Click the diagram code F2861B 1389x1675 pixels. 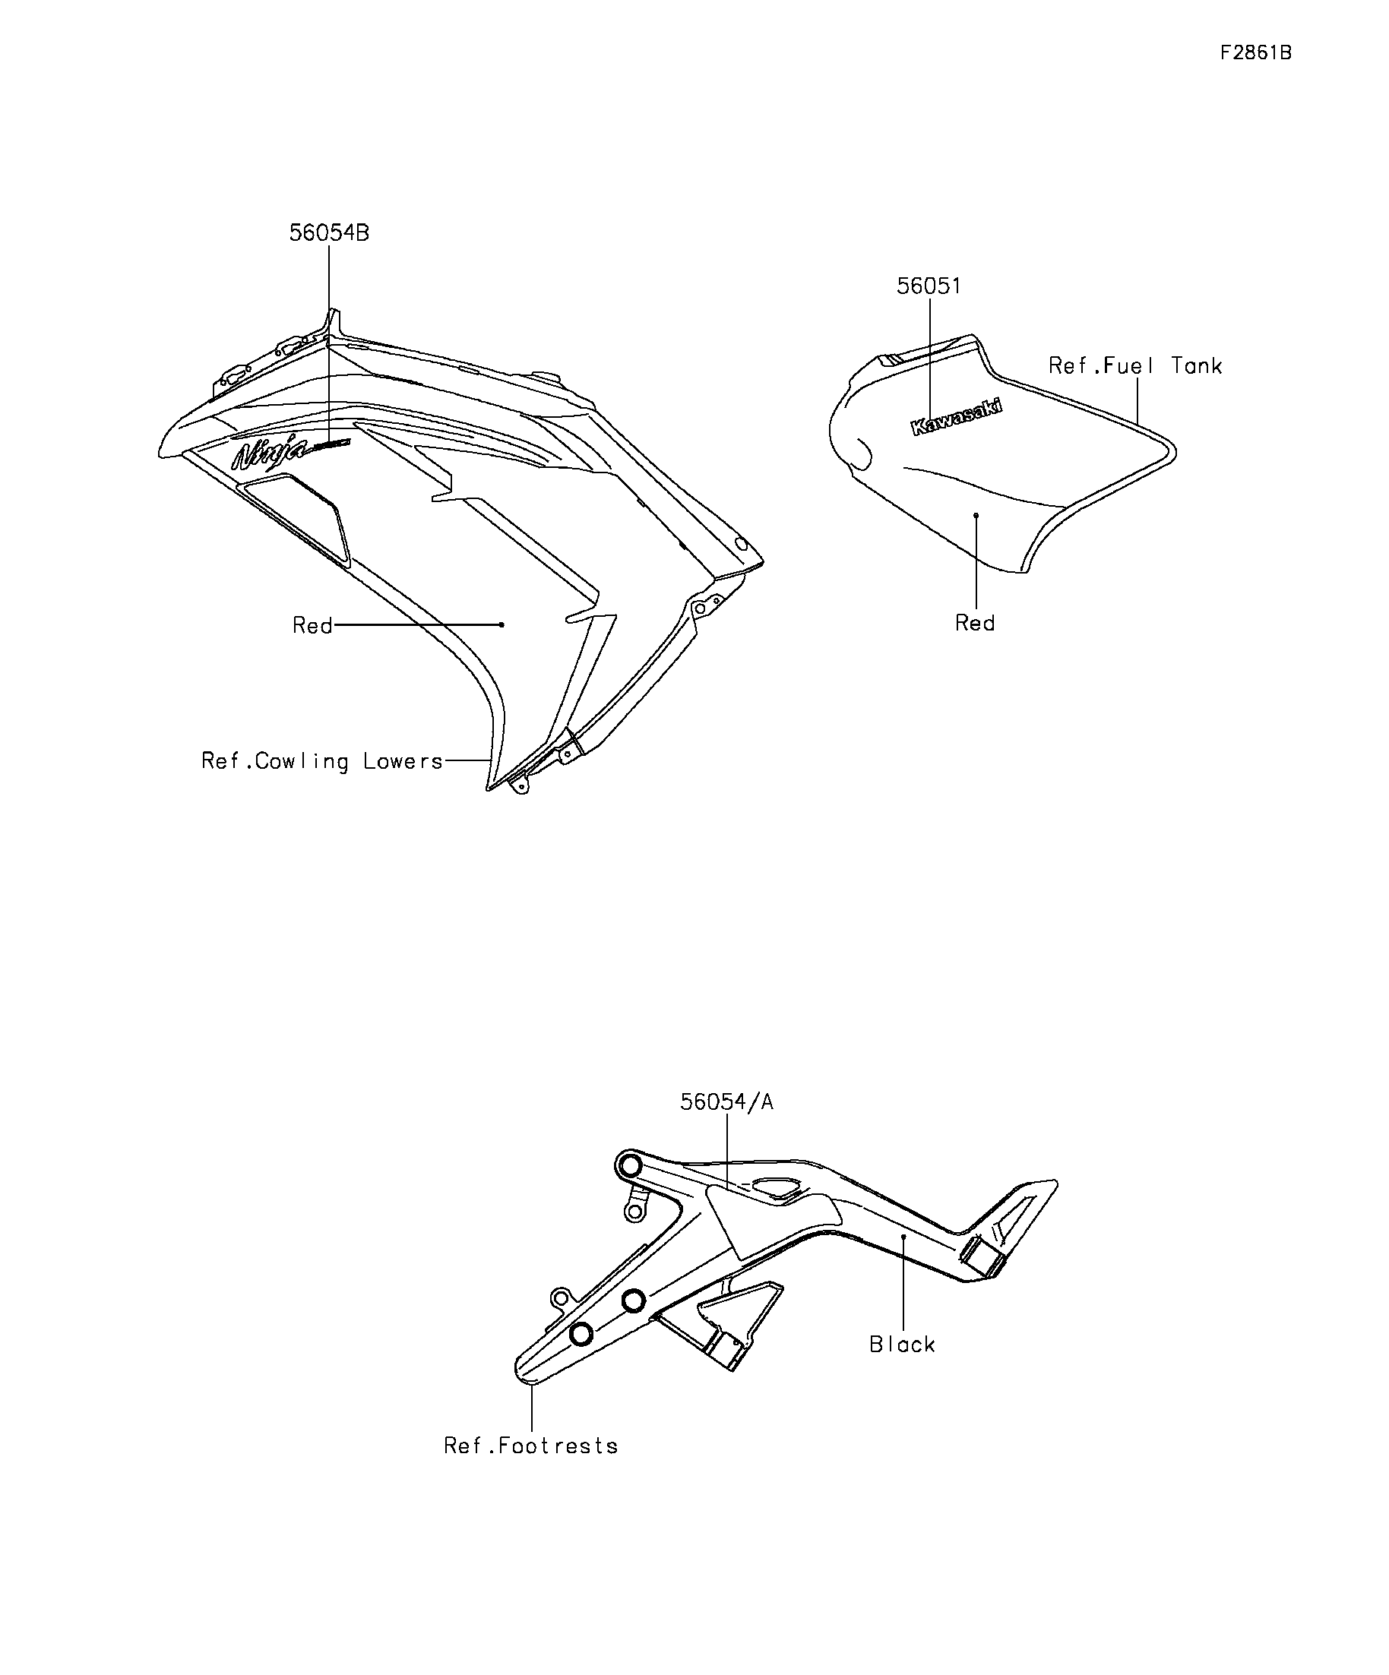point(1256,52)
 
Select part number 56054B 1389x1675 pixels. point(329,233)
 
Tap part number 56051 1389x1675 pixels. point(929,286)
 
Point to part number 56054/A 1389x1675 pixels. point(727,1101)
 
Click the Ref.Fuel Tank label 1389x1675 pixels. point(1135,365)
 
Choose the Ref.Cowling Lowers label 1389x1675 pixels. point(321,762)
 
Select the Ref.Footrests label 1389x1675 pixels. point(531,1446)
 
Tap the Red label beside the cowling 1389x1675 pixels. point(313,625)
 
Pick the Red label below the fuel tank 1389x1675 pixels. point(975,623)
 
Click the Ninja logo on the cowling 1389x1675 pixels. point(270,452)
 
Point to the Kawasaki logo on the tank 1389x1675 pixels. point(957,417)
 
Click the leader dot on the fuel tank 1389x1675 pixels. point(976,516)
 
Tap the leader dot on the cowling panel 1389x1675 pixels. point(501,624)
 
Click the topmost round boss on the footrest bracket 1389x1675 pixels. point(628,1167)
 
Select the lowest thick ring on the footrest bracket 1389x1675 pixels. point(582,1333)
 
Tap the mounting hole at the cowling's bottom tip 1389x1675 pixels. point(520,786)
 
